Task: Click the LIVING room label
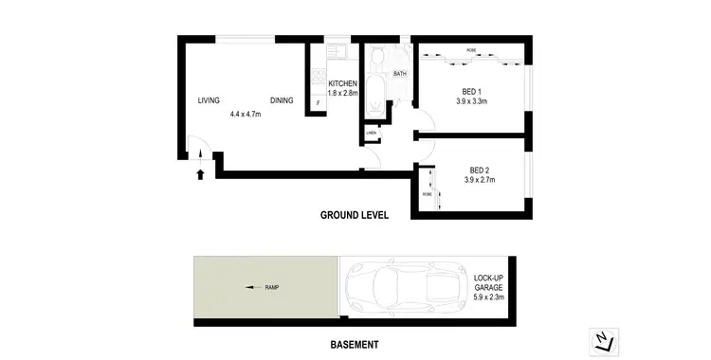(x=209, y=100)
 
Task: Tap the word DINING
(x=282, y=100)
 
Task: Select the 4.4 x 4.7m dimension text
(x=245, y=114)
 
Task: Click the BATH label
(x=400, y=73)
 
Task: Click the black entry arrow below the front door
(x=199, y=173)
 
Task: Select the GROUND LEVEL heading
(x=355, y=215)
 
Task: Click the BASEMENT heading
(x=355, y=344)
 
